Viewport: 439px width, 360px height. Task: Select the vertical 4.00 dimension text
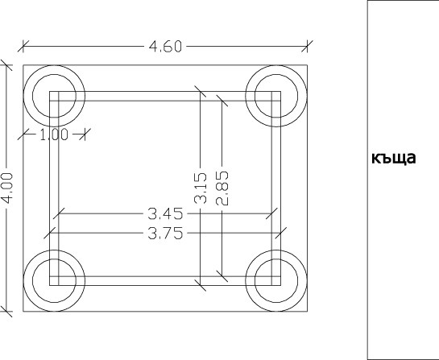(x=8, y=188)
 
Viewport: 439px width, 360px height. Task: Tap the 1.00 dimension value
(x=54, y=134)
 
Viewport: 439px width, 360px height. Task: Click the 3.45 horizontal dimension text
(x=164, y=214)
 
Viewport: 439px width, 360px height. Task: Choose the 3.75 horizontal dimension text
(x=164, y=234)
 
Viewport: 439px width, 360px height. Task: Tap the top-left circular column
(x=54, y=95)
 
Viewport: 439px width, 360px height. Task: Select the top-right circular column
(x=277, y=95)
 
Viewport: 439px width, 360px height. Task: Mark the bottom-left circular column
(x=54, y=281)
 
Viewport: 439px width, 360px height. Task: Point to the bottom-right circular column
(x=277, y=281)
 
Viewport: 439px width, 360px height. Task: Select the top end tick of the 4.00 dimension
(x=8, y=64)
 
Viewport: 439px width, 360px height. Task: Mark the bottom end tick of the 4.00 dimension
(x=8, y=311)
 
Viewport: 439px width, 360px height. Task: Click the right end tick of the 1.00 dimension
(x=84, y=134)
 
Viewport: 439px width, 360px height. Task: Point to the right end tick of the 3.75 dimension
(x=281, y=234)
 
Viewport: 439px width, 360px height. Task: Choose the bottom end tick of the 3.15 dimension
(x=201, y=285)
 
